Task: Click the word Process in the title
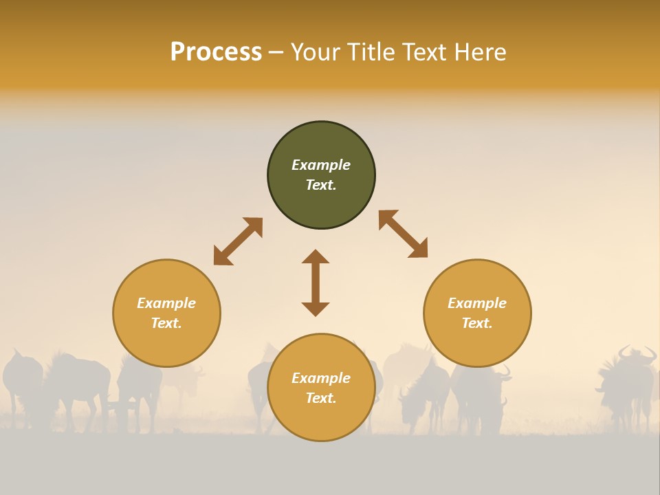216,52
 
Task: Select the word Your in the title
317,52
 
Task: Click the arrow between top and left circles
238,241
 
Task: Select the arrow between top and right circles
403,234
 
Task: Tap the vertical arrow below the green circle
316,283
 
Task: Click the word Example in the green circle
321,165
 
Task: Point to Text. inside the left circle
166,323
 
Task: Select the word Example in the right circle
477,303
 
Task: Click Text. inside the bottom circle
321,398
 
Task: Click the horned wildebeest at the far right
627,382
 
